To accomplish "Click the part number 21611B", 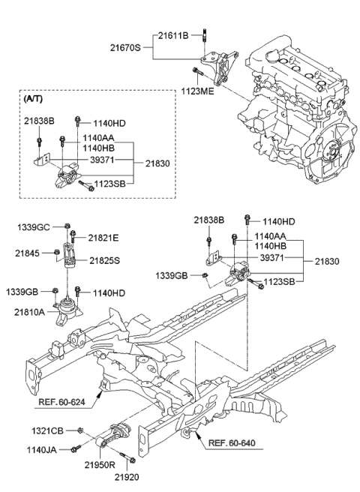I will (x=174, y=34).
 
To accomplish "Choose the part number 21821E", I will (x=104, y=237).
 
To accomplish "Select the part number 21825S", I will (x=104, y=260).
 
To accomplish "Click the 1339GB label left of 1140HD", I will (x=34, y=291).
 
